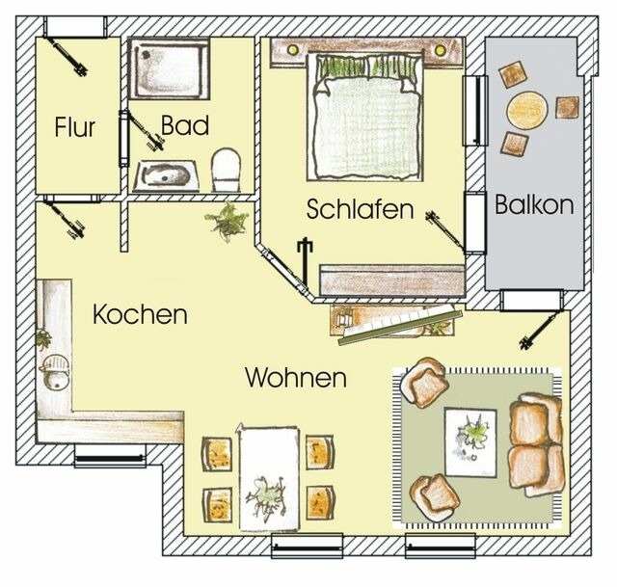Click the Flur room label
coord(75,126)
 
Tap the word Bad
coord(179,125)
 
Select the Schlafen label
coord(361,208)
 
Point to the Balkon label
coord(534,204)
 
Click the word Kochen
coord(140,314)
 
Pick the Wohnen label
coord(295,377)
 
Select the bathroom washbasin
coord(166,175)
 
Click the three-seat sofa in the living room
coord(536,441)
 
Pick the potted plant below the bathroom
coord(228,222)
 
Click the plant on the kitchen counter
coord(43,338)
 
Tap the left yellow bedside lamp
coord(289,49)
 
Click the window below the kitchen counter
coord(110,459)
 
